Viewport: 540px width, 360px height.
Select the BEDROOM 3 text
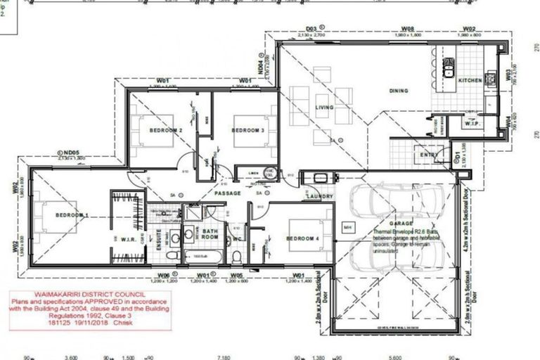click(x=247, y=131)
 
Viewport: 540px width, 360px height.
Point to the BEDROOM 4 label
click(x=302, y=239)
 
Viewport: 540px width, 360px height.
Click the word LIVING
click(x=324, y=108)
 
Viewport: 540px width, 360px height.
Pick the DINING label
click(x=399, y=91)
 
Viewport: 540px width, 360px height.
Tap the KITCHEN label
click(x=470, y=82)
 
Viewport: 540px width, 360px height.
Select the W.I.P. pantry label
click(x=471, y=124)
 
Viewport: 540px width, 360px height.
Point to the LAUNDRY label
click(x=319, y=197)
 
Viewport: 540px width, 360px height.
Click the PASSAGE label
click(x=228, y=193)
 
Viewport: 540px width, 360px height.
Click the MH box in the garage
click(x=346, y=227)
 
